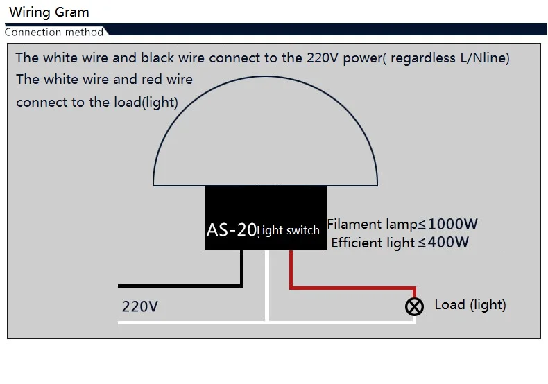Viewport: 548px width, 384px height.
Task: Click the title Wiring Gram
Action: coord(49,12)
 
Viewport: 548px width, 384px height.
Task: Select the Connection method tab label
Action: coord(54,32)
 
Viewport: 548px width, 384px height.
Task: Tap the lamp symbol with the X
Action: coord(415,307)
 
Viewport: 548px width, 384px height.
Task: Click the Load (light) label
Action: coord(470,305)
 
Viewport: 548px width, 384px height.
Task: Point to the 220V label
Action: coord(140,306)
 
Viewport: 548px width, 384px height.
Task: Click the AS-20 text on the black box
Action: coord(232,230)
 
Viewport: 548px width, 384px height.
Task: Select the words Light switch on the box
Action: coord(289,230)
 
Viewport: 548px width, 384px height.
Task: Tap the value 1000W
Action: coord(452,224)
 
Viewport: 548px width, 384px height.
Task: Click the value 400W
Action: coord(448,242)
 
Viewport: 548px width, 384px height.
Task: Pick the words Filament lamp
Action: coord(373,224)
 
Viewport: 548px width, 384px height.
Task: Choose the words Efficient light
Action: coord(373,243)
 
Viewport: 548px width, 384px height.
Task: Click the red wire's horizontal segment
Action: coord(353,288)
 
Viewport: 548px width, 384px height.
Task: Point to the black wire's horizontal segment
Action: coord(180,286)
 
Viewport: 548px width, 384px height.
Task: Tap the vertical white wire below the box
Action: coord(267,285)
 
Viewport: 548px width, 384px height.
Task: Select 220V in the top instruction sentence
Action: coord(323,58)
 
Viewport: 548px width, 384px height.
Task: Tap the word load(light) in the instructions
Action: coord(146,103)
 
